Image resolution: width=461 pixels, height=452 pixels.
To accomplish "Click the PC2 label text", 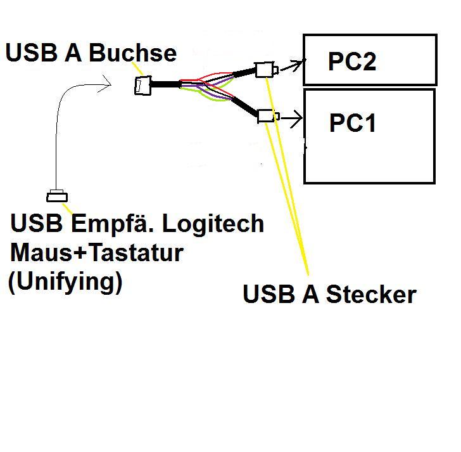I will pos(351,61).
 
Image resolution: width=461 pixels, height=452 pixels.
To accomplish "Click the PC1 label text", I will pos(353,123).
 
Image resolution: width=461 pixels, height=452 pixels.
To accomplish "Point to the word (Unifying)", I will pos(65,281).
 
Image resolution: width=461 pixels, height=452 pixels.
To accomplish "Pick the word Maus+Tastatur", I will pos(96,253).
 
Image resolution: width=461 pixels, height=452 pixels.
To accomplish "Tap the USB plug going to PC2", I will pos(264,69).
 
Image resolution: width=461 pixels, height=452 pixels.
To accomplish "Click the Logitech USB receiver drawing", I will pos(56,195).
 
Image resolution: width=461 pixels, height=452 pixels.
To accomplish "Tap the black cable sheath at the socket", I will pos(165,84).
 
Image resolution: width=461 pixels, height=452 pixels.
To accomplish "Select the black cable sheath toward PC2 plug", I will pos(243,74).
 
